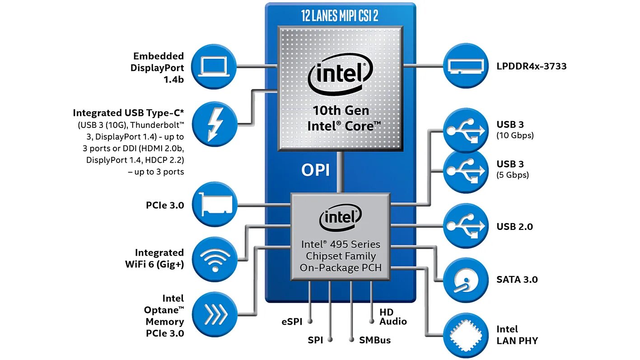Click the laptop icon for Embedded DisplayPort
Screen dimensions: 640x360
[214, 66]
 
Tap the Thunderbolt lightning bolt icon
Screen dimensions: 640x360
[215, 124]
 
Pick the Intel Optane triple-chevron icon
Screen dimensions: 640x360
[215, 314]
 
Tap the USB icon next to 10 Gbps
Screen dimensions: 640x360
[466, 130]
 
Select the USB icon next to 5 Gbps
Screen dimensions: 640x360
[466, 171]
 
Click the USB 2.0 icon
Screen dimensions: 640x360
[466, 226]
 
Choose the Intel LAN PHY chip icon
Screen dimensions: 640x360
[466, 336]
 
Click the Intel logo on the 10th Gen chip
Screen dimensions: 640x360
[340, 74]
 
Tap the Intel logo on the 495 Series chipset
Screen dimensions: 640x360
[340, 217]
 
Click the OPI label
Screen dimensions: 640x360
[315, 170]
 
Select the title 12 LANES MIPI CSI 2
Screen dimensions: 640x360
[340, 16]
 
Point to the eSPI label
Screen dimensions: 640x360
[292, 322]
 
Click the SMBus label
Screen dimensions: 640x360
[375, 340]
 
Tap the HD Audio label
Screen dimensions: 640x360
[393, 317]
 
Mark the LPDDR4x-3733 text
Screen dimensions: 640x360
[532, 66]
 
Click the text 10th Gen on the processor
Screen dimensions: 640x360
[341, 111]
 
